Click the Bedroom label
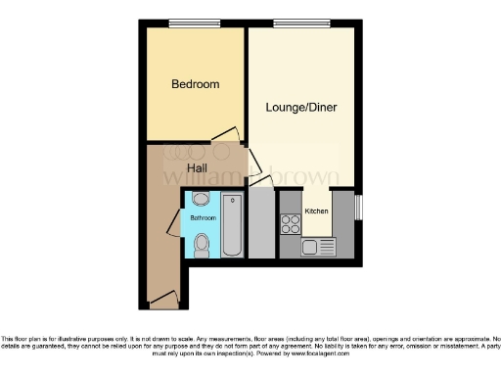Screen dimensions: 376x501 (x=195, y=84)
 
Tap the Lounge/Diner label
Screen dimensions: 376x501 (x=301, y=107)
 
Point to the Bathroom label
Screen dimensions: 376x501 (x=203, y=217)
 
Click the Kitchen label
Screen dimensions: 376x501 (x=316, y=211)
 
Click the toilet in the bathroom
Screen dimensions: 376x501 (x=202, y=244)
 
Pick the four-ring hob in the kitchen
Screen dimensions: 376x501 (x=291, y=223)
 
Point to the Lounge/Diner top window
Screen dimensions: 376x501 (x=294, y=23)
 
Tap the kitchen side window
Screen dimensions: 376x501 (x=359, y=208)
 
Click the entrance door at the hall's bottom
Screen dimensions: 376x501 (x=162, y=298)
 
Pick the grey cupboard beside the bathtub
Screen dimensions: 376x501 (x=261, y=224)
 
